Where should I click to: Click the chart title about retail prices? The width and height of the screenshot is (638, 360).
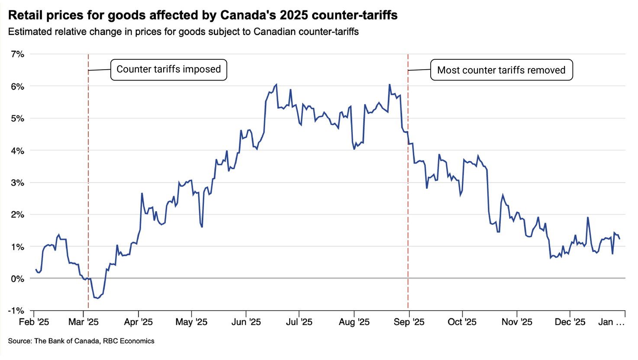[203, 15]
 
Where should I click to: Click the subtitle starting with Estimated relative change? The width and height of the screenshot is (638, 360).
[183, 32]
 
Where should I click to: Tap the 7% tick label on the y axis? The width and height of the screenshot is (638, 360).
[18, 54]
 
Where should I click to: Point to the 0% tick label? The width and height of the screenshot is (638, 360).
[18, 279]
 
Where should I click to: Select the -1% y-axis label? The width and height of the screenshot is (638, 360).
[16, 310]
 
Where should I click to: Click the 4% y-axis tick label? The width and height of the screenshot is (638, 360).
[18, 151]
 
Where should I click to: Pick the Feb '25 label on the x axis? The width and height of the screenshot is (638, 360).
[34, 322]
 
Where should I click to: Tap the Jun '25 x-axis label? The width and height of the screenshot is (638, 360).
[246, 322]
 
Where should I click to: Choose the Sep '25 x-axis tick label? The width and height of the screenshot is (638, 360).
[409, 322]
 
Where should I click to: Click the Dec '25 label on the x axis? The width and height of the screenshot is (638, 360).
[570, 322]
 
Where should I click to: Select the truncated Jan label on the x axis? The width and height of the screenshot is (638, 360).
[611, 322]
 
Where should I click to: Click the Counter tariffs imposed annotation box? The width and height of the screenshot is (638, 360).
[169, 70]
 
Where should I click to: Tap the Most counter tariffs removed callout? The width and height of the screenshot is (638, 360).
[501, 70]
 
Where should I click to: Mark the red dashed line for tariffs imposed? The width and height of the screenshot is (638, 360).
[88, 181]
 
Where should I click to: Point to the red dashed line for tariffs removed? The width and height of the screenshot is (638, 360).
[408, 181]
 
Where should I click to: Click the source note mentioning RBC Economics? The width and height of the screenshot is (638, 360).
[81, 341]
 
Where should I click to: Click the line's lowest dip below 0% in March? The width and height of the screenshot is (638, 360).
[98, 298]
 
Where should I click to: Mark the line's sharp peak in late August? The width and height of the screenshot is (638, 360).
[390, 84]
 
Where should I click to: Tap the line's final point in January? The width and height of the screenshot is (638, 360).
[619, 239]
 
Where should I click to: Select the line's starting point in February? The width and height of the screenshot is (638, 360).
[36, 270]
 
